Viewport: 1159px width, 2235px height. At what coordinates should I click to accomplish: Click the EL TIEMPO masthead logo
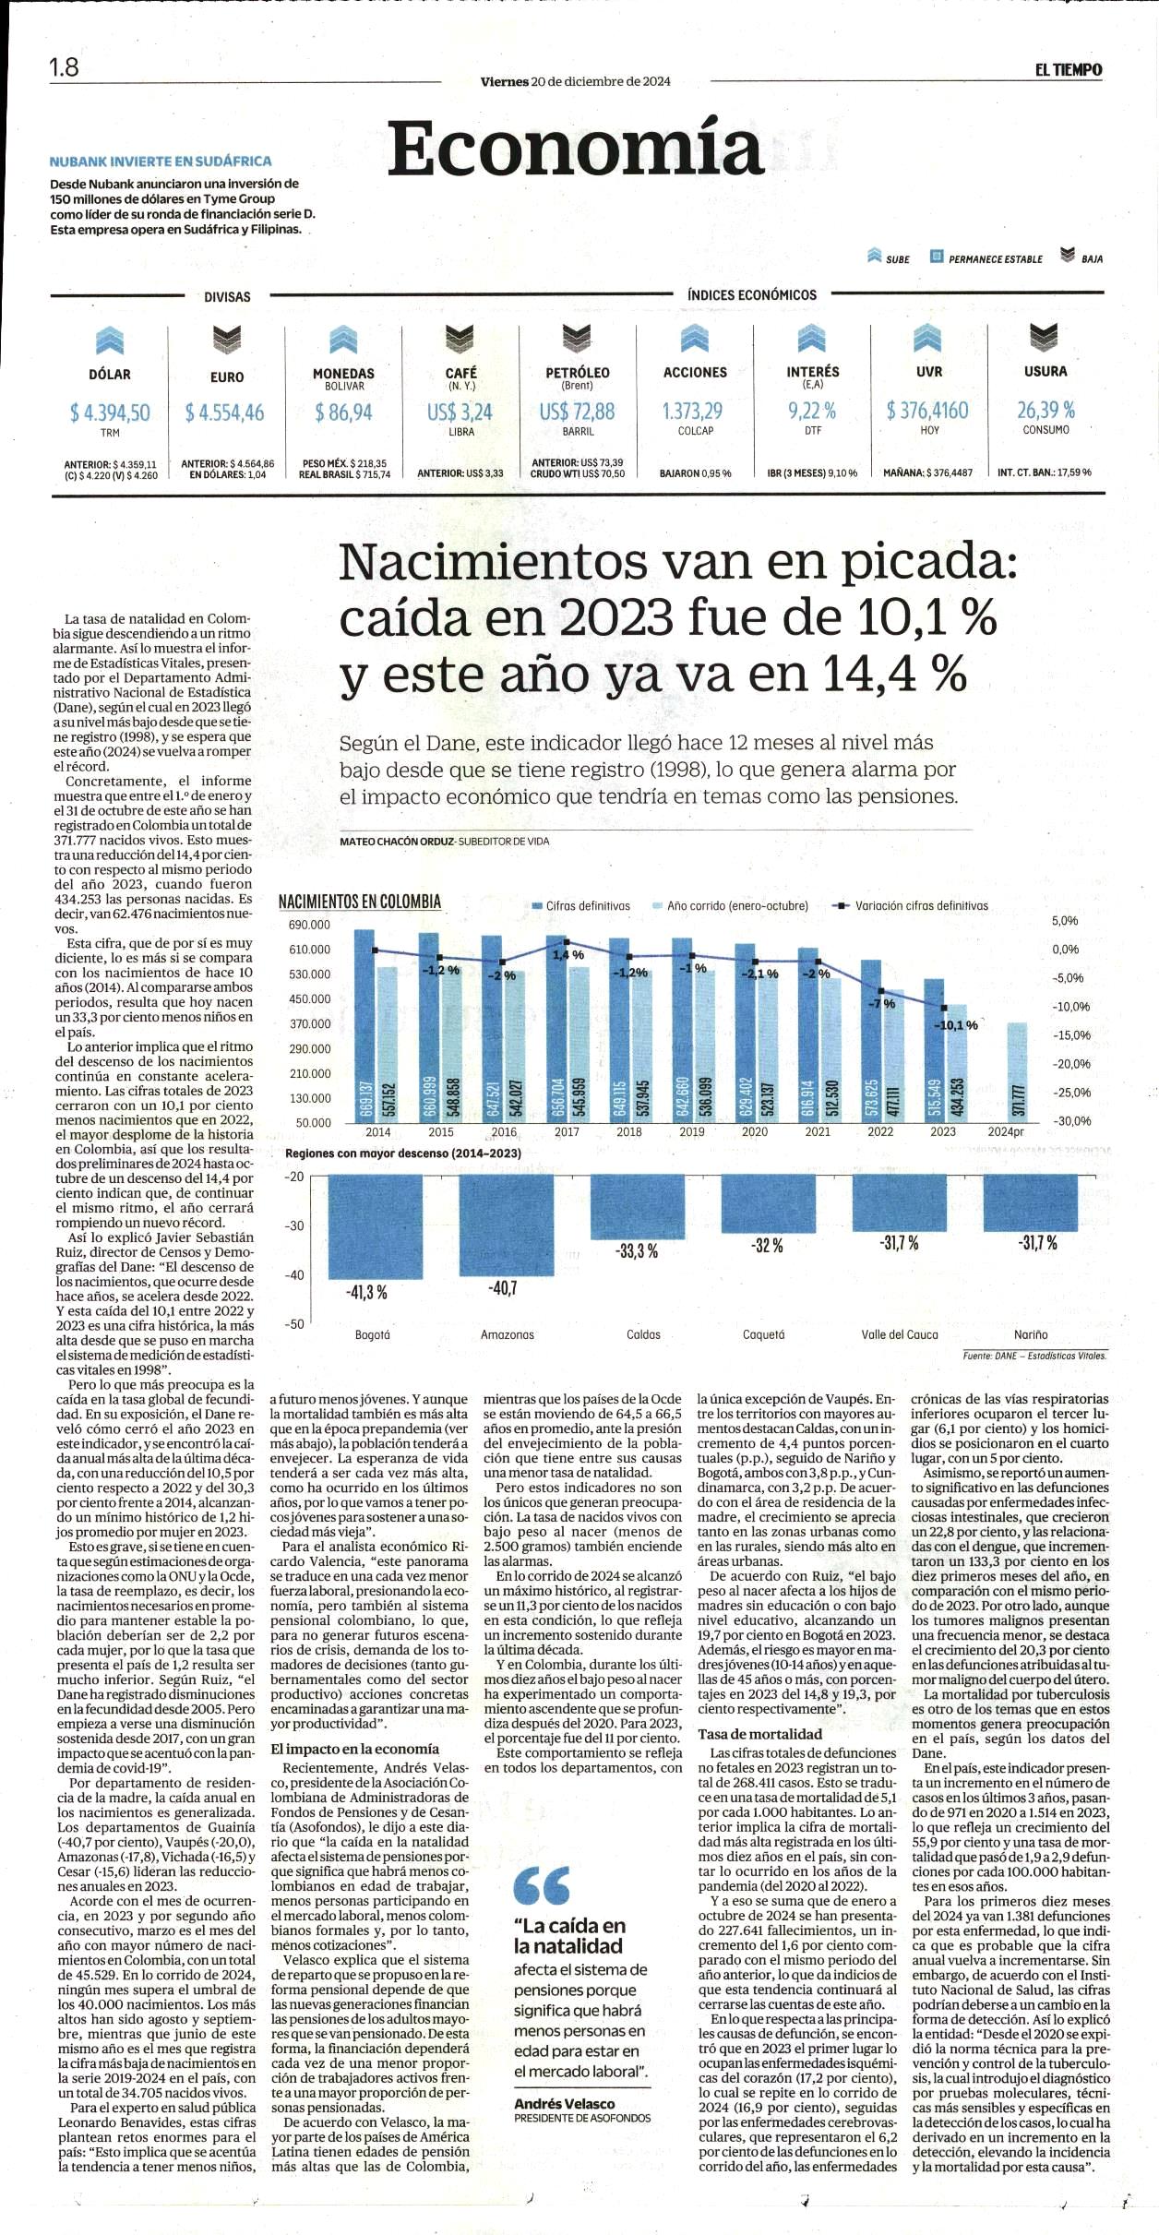click(1069, 69)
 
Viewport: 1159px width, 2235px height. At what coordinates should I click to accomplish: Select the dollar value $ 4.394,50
click(110, 412)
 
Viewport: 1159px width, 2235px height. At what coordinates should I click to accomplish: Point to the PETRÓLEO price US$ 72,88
click(577, 412)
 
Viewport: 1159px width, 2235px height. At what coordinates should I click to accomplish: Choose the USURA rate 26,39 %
click(1045, 409)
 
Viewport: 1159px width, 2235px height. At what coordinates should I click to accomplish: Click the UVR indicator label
click(929, 372)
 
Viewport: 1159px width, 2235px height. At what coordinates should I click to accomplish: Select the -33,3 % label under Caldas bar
click(637, 1251)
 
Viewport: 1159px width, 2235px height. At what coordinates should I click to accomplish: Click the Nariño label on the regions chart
click(1031, 1334)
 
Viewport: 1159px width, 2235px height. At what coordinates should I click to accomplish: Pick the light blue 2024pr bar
click(1016, 1072)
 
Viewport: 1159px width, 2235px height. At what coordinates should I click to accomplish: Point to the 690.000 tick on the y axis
click(310, 925)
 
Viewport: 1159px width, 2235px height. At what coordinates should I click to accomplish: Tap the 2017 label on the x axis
click(567, 1132)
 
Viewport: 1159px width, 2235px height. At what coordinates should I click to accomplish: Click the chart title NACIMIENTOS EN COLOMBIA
click(360, 901)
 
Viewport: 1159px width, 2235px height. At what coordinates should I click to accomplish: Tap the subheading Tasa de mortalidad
click(759, 1734)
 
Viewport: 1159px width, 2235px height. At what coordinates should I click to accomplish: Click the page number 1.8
click(65, 68)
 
